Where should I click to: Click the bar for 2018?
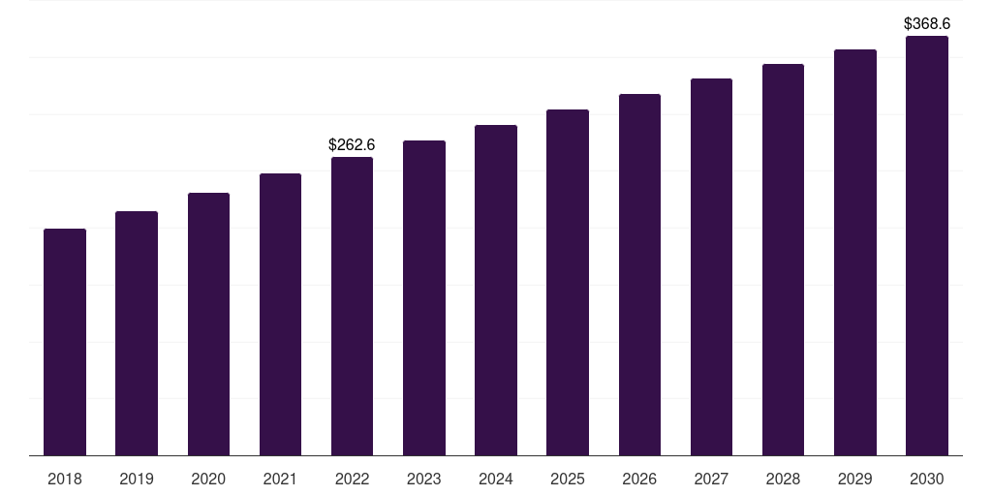(x=65, y=342)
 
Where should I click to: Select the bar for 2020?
(x=208, y=325)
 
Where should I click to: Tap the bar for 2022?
(x=352, y=306)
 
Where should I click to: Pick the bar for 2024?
(x=496, y=291)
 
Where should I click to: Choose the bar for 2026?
(x=639, y=275)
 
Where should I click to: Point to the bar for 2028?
(x=783, y=260)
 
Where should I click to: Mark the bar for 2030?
(x=927, y=246)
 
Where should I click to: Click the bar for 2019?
(x=137, y=333)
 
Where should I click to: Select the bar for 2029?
(x=855, y=253)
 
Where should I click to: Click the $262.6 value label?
(x=352, y=144)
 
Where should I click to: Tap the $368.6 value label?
(x=927, y=23)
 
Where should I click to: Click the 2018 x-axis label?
(x=65, y=479)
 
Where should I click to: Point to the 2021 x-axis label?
(x=280, y=479)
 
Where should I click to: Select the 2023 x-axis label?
(x=424, y=479)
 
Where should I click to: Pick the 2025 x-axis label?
(x=568, y=479)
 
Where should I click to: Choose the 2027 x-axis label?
(x=711, y=479)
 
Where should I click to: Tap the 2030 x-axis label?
(x=927, y=479)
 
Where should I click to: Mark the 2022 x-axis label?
(x=352, y=479)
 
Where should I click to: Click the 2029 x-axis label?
(x=855, y=479)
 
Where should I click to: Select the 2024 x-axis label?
(x=496, y=479)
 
